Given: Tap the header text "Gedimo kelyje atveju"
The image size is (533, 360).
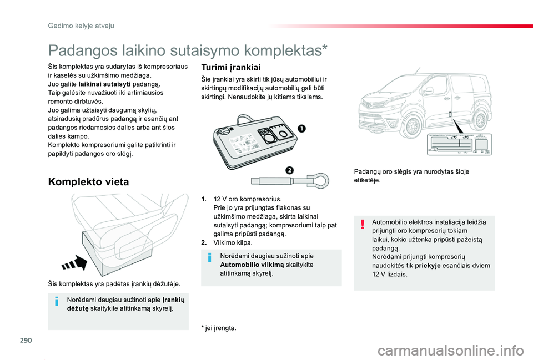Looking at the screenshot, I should pyautogui.click(x=81, y=26).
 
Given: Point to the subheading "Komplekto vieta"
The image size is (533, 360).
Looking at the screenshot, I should pyautogui.click(x=89, y=181).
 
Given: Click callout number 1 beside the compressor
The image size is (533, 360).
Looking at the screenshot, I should pyautogui.click(x=300, y=128).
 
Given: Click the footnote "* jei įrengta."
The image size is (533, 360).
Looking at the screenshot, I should pyautogui.click(x=219, y=328).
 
